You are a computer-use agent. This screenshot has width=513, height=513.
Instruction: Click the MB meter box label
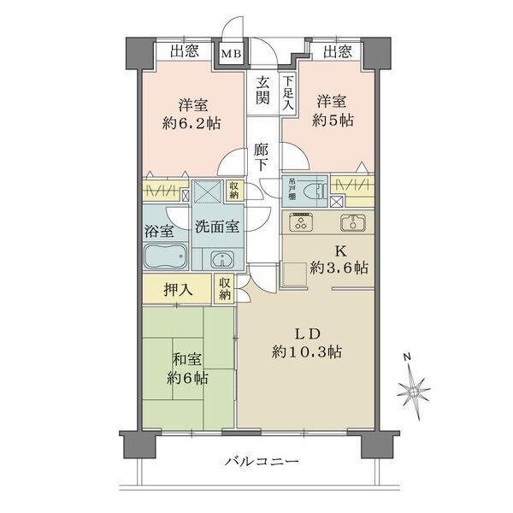pyautogui.click(x=232, y=54)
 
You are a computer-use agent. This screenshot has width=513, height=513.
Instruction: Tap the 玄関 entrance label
pyautogui.click(x=263, y=91)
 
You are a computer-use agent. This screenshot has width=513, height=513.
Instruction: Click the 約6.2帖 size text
pyautogui.click(x=192, y=122)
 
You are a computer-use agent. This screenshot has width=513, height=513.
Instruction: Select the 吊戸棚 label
pyautogui.click(x=292, y=188)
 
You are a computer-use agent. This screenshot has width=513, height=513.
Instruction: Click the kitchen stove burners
pyautogui.click(x=302, y=222)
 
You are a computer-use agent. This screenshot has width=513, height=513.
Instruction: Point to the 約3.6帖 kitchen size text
pyautogui.click(x=339, y=268)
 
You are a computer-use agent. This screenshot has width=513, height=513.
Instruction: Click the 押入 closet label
pyautogui.click(x=178, y=289)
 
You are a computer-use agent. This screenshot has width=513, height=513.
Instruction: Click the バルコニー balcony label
pyautogui.click(x=262, y=462)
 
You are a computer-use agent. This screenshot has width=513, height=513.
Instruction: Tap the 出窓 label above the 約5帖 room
pyautogui.click(x=337, y=51)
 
